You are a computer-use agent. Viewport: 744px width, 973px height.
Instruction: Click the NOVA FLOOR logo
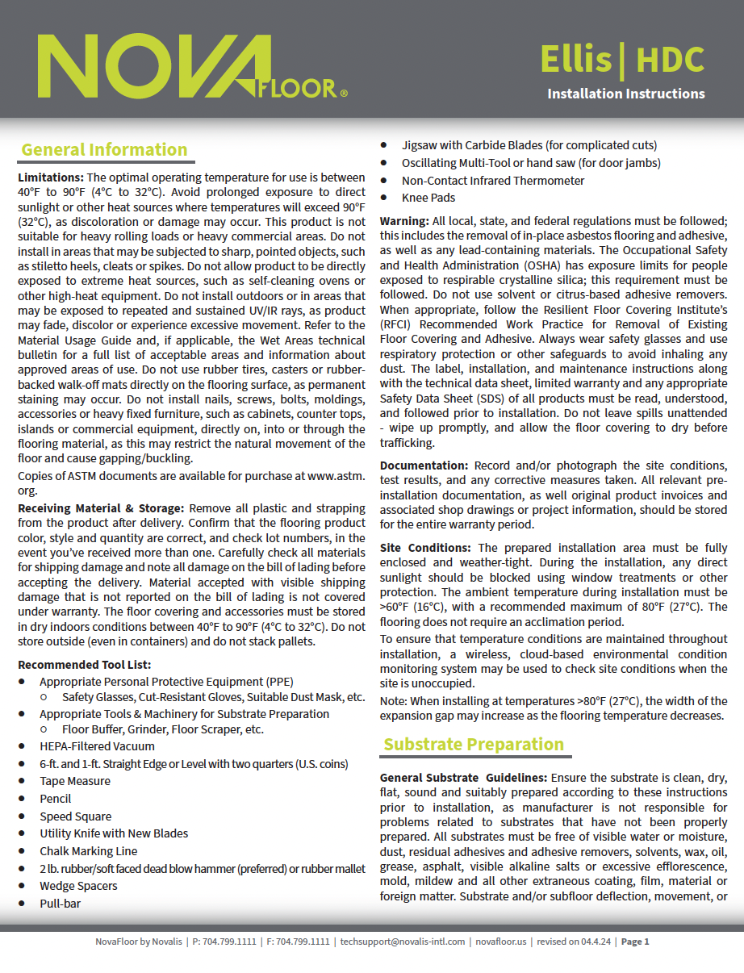(192, 67)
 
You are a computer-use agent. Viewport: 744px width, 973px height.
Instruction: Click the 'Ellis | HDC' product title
(621, 60)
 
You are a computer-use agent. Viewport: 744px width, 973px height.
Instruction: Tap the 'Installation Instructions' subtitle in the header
(625, 94)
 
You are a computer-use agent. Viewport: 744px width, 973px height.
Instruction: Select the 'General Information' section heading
(104, 150)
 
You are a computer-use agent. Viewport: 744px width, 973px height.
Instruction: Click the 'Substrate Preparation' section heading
(473, 744)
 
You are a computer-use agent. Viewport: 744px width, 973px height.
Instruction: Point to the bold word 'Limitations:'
(50, 177)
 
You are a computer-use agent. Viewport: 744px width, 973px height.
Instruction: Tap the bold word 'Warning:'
(403, 220)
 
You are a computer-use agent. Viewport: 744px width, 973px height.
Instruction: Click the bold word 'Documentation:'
(424, 466)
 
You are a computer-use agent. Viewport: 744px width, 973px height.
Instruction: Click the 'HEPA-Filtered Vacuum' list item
(97, 746)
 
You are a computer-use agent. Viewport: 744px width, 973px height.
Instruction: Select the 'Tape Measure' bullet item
(75, 781)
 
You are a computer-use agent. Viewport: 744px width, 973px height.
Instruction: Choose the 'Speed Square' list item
(76, 816)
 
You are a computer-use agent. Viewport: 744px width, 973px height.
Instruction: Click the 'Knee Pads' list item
(428, 198)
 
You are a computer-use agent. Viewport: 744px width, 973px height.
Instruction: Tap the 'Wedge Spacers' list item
(78, 886)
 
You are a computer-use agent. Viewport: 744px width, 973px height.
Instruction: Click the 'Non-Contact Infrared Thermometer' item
(493, 181)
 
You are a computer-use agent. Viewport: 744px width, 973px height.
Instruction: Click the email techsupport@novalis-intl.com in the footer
(403, 942)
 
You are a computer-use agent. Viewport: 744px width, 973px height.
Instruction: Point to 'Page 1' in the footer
(635, 942)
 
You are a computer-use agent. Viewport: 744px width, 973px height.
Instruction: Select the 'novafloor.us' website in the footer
(500, 942)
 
